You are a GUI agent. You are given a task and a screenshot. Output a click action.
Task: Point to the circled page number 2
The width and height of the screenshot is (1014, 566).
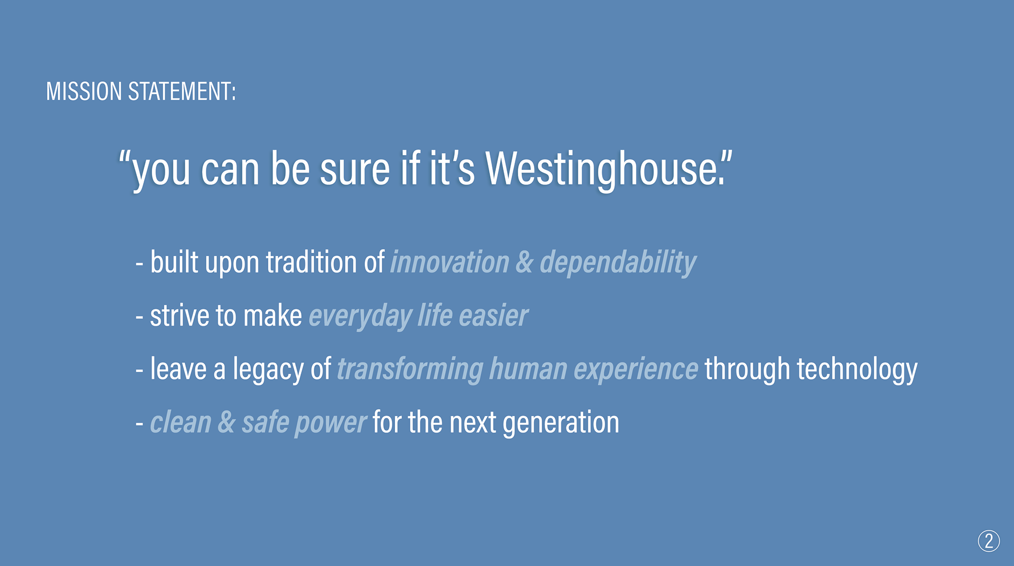tap(989, 541)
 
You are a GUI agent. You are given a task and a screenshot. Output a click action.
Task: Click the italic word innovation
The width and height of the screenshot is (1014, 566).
tap(449, 262)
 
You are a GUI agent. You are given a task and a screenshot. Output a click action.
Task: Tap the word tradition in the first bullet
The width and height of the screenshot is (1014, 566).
tap(312, 262)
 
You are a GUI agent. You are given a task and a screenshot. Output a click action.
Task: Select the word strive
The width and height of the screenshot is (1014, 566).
tap(180, 315)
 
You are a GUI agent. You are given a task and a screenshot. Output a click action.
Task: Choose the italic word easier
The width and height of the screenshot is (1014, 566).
tap(493, 315)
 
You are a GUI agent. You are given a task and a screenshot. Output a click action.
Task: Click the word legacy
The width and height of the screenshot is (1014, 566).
tap(268, 369)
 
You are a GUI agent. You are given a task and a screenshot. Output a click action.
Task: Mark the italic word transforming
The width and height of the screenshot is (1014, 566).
tap(410, 369)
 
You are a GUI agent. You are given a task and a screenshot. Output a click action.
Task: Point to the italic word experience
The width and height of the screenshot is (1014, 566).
tap(636, 369)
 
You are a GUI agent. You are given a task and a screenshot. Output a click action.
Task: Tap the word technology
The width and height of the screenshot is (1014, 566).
tap(857, 369)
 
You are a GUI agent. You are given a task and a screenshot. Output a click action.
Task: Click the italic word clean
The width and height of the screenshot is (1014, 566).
tap(181, 423)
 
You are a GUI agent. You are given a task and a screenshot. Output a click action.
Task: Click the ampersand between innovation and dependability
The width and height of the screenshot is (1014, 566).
tap(524, 262)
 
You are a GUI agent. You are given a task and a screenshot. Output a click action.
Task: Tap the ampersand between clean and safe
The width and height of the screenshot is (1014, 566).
tap(227, 423)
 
